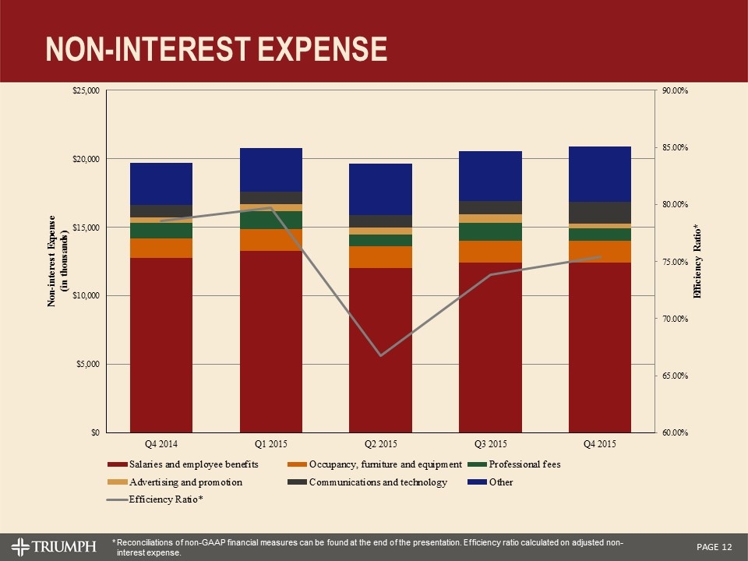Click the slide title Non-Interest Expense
216,48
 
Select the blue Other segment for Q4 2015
600,174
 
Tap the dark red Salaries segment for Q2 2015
380,350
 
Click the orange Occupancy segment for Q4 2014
161,248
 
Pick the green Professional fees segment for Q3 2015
490,231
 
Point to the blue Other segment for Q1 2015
271,169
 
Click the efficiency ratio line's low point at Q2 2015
380,355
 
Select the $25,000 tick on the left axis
85,91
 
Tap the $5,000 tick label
87,364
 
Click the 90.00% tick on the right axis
675,91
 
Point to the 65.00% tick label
675,376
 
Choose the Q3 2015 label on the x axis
490,444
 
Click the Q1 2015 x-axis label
271,444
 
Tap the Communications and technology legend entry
378,482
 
